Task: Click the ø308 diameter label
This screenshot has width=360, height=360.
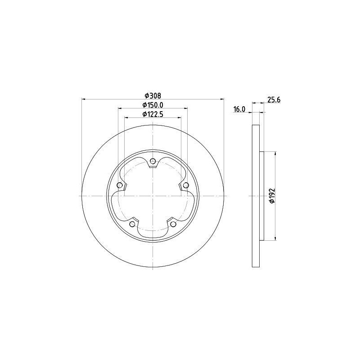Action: pyautogui.click(x=153, y=95)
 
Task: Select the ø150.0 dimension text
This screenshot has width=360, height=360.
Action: pyautogui.click(x=153, y=105)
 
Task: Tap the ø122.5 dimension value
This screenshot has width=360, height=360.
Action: pyautogui.click(x=153, y=114)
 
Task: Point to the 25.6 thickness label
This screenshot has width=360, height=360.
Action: pyautogui.click(x=274, y=100)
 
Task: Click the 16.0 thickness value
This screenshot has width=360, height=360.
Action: pyautogui.click(x=239, y=109)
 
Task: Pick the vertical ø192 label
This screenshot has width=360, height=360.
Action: pyautogui.click(x=272, y=196)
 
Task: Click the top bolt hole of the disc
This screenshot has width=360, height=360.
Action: pyautogui.click(x=153, y=161)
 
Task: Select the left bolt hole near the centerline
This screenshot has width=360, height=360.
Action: pyautogui.click(x=119, y=185)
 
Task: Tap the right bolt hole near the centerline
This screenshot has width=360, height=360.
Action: pyautogui.click(x=186, y=185)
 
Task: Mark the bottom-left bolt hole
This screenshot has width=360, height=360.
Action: pyautogui.click(x=132, y=224)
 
